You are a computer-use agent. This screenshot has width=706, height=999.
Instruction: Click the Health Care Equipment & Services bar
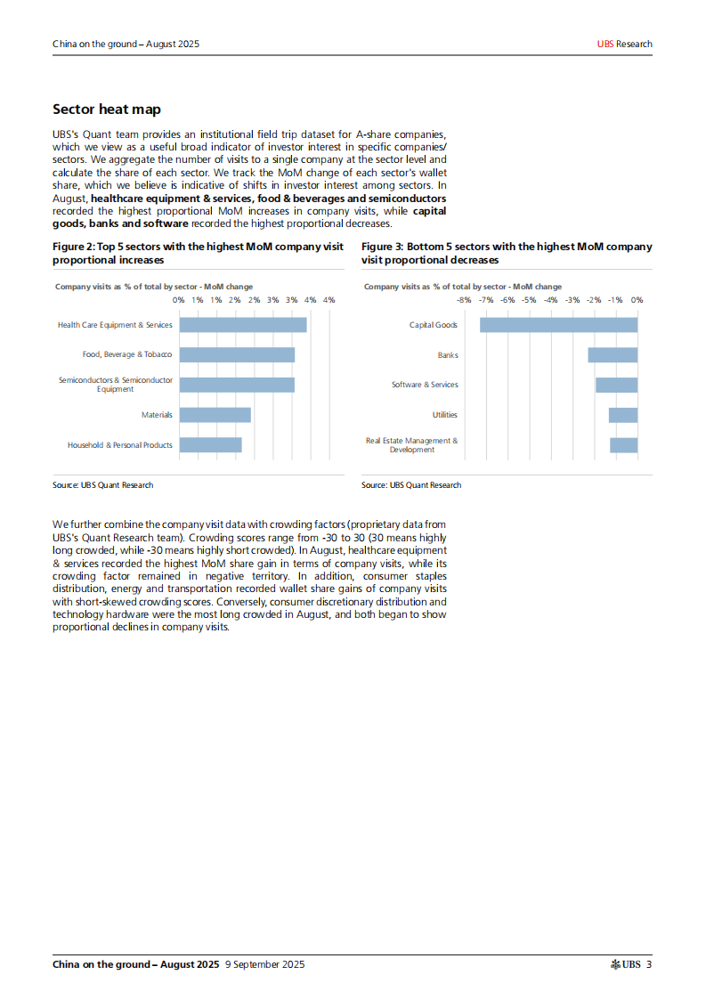click(242, 325)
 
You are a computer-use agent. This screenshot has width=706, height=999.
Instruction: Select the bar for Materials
click(215, 415)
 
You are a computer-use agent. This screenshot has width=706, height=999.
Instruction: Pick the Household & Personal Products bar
click(210, 444)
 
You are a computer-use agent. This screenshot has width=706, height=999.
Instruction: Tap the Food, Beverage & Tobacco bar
click(237, 354)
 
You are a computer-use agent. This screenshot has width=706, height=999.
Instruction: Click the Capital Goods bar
click(558, 325)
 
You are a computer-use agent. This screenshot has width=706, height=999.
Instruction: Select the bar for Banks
click(613, 354)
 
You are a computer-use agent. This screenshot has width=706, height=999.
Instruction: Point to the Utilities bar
click(623, 415)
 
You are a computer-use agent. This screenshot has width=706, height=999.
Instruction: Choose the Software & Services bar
click(616, 385)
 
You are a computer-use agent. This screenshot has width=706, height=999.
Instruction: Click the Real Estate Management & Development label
click(411, 445)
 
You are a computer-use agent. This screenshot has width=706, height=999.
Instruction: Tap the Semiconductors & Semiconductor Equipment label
click(116, 385)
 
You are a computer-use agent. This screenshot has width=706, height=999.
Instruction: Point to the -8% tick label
click(464, 300)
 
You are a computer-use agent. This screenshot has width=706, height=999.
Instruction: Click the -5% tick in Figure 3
click(529, 300)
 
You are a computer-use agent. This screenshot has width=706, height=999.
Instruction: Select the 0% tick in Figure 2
click(178, 300)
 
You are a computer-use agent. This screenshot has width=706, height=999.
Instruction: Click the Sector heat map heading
click(107, 110)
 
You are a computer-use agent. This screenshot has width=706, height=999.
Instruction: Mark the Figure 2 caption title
click(198, 253)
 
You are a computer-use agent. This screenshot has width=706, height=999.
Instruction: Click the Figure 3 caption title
click(506, 253)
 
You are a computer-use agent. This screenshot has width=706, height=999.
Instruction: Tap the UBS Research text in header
click(624, 44)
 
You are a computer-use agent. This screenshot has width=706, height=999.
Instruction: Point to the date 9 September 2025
click(265, 964)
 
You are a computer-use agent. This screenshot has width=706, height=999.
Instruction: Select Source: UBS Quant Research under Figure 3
click(411, 485)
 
